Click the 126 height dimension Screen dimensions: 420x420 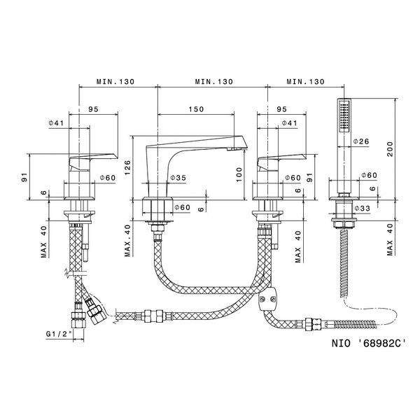128,167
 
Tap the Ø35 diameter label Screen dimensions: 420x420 177,178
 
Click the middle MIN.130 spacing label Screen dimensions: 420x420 213,82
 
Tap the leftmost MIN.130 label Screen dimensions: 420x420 115,82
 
